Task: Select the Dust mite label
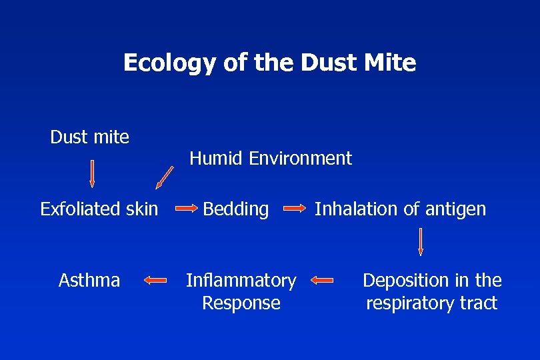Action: (x=90, y=137)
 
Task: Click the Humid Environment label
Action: (x=271, y=159)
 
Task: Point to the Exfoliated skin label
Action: (x=99, y=209)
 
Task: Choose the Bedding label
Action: (x=236, y=209)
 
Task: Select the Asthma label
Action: (x=89, y=280)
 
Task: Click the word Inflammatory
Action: (x=241, y=281)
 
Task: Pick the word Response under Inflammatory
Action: (x=241, y=303)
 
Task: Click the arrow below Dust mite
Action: (x=92, y=173)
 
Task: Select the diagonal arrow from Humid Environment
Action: (x=165, y=177)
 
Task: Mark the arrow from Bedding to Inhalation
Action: (x=293, y=209)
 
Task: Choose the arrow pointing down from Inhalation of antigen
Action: (x=421, y=241)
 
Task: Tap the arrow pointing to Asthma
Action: (x=155, y=281)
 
